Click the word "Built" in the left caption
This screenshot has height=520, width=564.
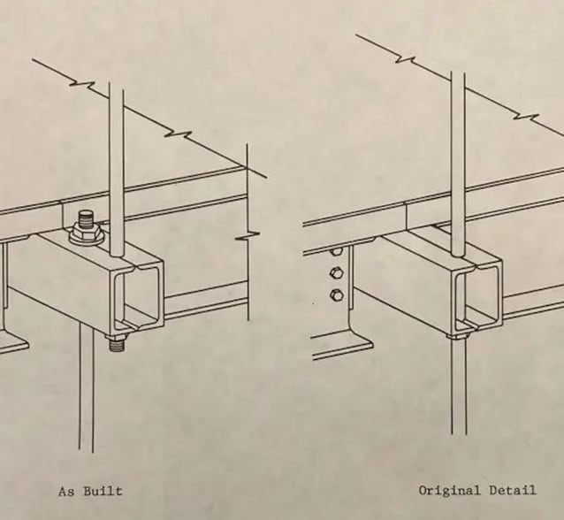pyautogui.click(x=103, y=491)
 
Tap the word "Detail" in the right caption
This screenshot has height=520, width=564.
pyautogui.click(x=513, y=490)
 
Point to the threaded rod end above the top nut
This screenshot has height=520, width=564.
pyautogui.click(x=85, y=218)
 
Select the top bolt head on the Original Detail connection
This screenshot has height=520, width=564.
pyautogui.click(x=336, y=251)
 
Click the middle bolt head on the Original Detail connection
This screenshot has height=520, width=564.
pyautogui.click(x=337, y=273)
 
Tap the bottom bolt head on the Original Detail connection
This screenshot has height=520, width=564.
pyautogui.click(x=337, y=295)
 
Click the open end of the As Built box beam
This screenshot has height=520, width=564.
pyautogui.click(x=139, y=295)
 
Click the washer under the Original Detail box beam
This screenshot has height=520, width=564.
pyautogui.click(x=459, y=337)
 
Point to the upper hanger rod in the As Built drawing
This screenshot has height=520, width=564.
pyautogui.click(x=116, y=169)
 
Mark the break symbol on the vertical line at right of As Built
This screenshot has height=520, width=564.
pyautogui.click(x=248, y=236)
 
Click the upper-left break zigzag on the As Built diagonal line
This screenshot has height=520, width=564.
pyautogui.click(x=82, y=84)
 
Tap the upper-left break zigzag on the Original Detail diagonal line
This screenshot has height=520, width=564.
pyautogui.click(x=406, y=59)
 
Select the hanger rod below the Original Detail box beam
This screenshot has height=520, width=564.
pyautogui.click(x=459, y=386)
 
